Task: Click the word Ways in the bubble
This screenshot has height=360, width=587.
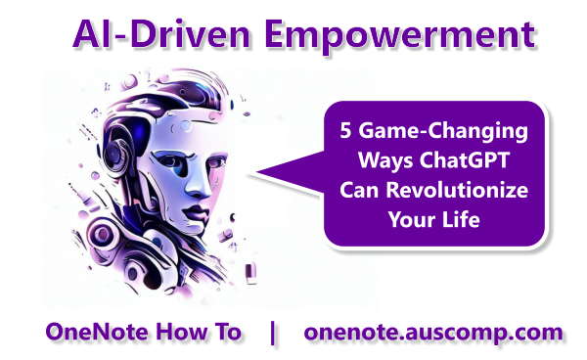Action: click(382, 159)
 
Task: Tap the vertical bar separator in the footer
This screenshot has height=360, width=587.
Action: click(272, 332)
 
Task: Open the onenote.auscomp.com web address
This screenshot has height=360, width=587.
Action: click(433, 332)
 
